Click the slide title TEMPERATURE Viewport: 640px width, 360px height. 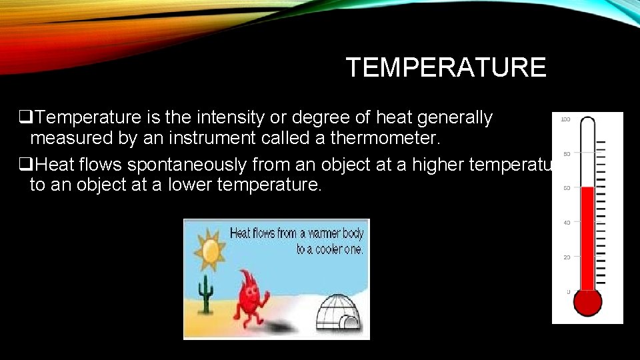pos(445,67)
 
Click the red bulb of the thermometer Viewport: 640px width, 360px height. pos(587,301)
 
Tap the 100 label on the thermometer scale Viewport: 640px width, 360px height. pos(565,120)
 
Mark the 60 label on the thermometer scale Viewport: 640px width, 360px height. pos(566,189)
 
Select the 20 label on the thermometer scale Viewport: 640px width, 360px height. pos(566,257)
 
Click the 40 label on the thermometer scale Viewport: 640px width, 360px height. pos(566,223)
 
